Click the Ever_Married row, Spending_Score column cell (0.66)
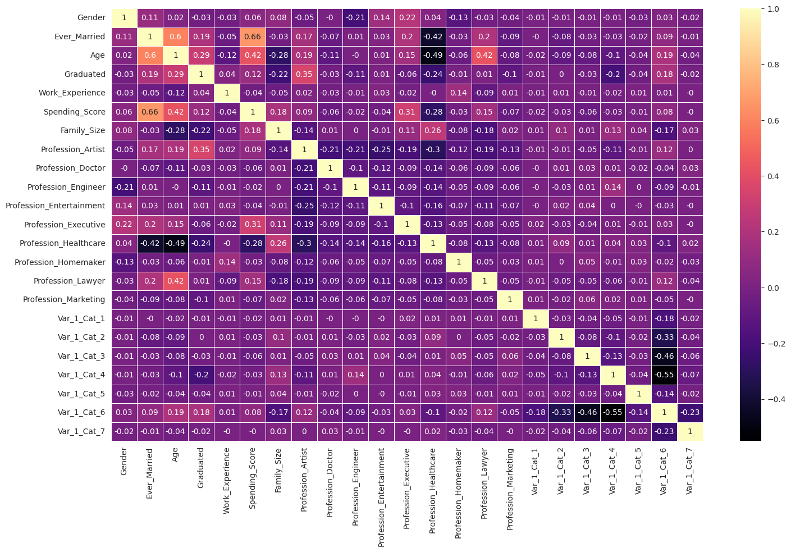coord(253,37)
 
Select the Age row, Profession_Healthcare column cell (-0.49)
coord(432,55)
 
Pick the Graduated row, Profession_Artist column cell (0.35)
coord(304,74)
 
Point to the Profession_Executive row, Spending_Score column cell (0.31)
coord(253,225)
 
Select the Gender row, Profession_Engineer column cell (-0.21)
coord(355,18)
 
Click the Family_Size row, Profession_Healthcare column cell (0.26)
coord(432,130)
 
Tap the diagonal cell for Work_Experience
coord(227,93)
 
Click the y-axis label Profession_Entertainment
coord(55,206)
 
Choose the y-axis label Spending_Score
coord(74,112)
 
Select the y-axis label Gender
coord(91,18)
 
